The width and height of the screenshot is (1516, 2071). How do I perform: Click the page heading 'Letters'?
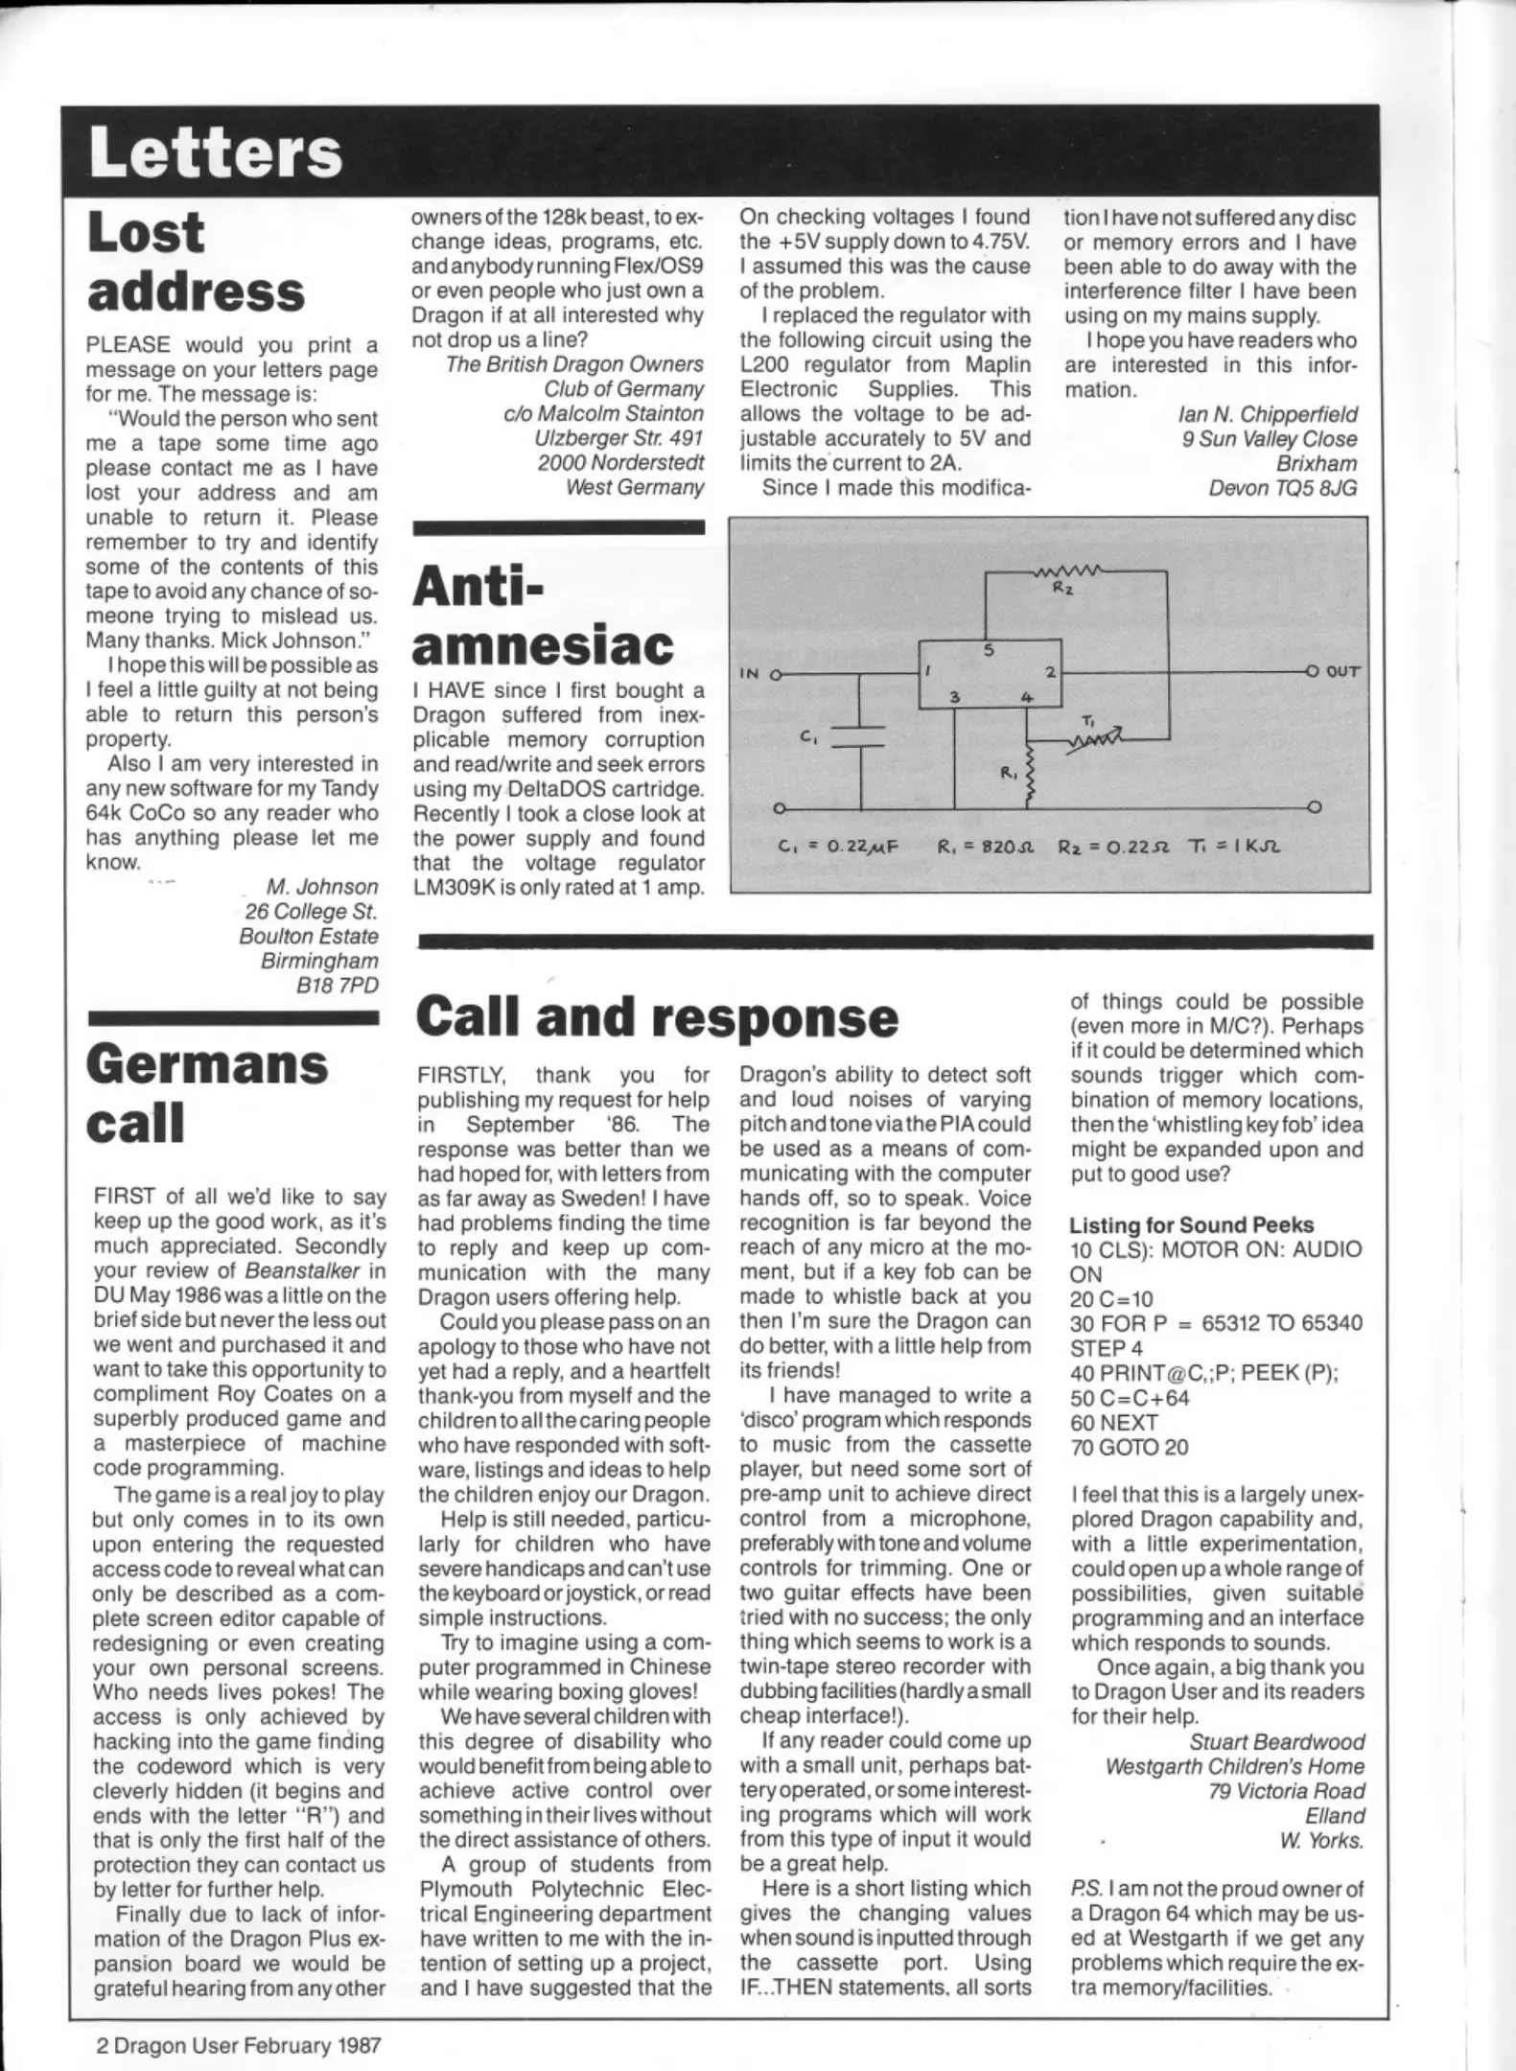(216, 153)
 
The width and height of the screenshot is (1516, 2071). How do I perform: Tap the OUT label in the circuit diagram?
(1342, 672)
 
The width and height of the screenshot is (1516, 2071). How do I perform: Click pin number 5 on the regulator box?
(989, 651)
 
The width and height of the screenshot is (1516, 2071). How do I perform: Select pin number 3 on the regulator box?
(955, 697)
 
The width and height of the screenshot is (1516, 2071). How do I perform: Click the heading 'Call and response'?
(658, 1017)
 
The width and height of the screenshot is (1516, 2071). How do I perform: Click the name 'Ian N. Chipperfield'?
(1268, 414)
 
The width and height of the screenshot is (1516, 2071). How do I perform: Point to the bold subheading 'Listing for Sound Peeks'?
(1191, 1225)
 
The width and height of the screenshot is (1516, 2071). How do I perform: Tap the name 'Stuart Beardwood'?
(1276, 1741)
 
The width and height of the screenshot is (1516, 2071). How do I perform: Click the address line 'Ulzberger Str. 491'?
(618, 438)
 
